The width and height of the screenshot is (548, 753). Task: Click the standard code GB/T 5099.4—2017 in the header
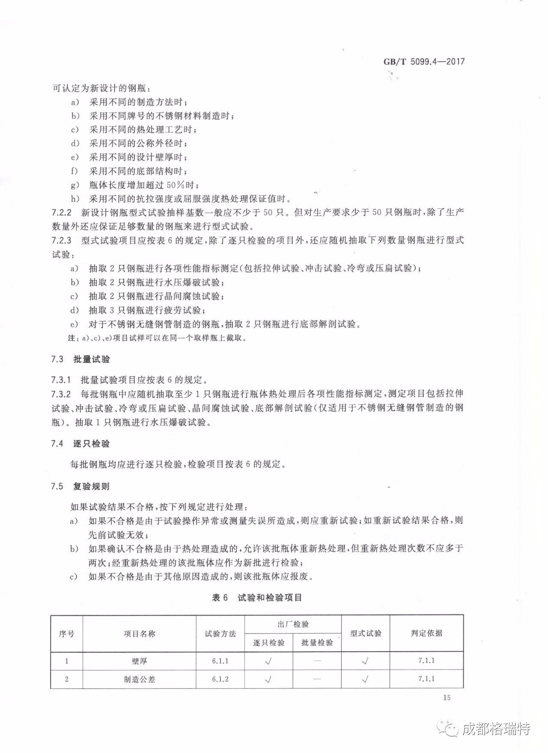[424, 62]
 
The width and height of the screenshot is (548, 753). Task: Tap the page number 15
[447, 698]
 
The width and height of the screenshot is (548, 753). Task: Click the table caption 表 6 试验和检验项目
[257, 598]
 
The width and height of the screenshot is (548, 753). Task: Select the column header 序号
[66, 634]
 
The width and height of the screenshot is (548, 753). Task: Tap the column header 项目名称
[139, 634]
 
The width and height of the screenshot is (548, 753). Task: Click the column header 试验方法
[220, 634]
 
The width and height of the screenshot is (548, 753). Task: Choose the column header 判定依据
[426, 633]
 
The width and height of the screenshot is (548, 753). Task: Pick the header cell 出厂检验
[293, 624]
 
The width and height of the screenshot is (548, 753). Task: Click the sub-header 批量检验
[317, 643]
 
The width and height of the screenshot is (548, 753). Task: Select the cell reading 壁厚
[139, 661]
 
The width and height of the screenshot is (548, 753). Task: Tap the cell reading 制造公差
[139, 679]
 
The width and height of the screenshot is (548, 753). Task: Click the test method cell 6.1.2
[220, 679]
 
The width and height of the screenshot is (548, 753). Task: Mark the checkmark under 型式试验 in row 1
[365, 661]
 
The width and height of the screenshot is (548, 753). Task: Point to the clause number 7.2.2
[61, 213]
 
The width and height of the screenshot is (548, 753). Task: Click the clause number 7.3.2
[61, 394]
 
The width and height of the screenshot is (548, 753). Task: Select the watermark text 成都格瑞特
[496, 729]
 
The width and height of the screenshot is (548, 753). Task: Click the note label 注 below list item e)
[71, 338]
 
